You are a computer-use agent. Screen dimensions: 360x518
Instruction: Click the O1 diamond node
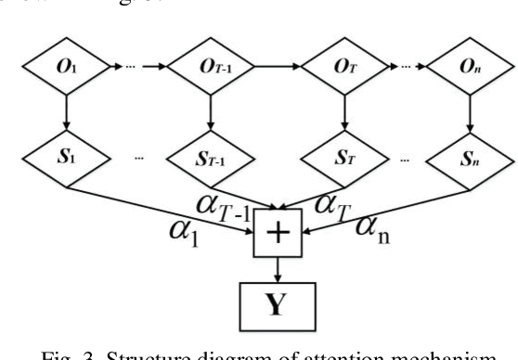tap(64, 67)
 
